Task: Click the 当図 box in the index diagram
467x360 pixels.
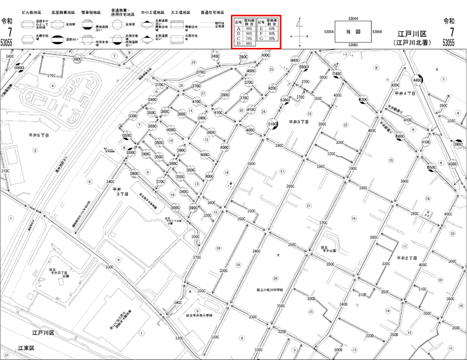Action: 353,31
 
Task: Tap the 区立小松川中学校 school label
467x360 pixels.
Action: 271,291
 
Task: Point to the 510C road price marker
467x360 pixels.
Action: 272,124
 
